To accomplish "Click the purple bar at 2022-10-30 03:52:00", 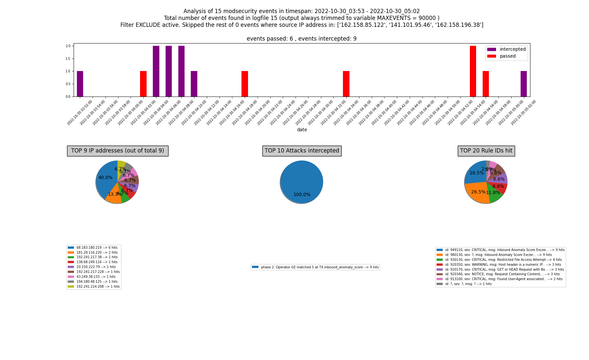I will [x=80, y=84].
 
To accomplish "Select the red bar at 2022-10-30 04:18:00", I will [x=245, y=84].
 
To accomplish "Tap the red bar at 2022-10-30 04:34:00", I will [x=346, y=84].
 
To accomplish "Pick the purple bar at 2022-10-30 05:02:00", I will [x=524, y=84].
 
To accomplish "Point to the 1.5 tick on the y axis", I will [x=68, y=59].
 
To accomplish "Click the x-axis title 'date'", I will [x=302, y=130].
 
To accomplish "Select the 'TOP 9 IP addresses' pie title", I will [x=117, y=151].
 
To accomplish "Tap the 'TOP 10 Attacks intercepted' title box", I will [x=302, y=151].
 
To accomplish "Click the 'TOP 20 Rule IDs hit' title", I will [x=486, y=151].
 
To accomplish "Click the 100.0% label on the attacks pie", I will [x=302, y=195].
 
